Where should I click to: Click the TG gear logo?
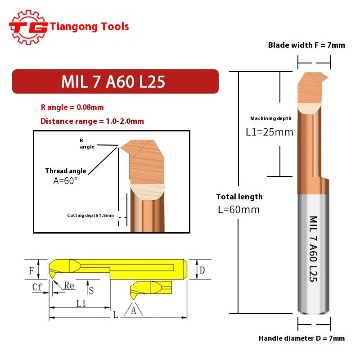(x=28, y=27)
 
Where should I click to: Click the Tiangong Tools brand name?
(x=90, y=27)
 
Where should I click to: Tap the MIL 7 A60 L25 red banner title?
(x=113, y=81)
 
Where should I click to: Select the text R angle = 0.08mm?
(x=72, y=108)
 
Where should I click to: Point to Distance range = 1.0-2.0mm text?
(x=92, y=121)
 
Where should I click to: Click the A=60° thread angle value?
(x=66, y=180)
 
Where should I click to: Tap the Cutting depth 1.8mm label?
(x=90, y=216)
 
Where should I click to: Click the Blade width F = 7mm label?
(x=306, y=45)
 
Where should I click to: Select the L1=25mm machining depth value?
(x=269, y=132)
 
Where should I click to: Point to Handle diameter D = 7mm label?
(x=301, y=338)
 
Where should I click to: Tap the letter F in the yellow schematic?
(x=31, y=271)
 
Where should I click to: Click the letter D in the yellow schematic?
(x=202, y=270)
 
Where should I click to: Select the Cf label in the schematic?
(x=38, y=287)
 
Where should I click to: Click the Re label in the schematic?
(x=69, y=285)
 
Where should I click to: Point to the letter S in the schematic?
(x=91, y=290)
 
